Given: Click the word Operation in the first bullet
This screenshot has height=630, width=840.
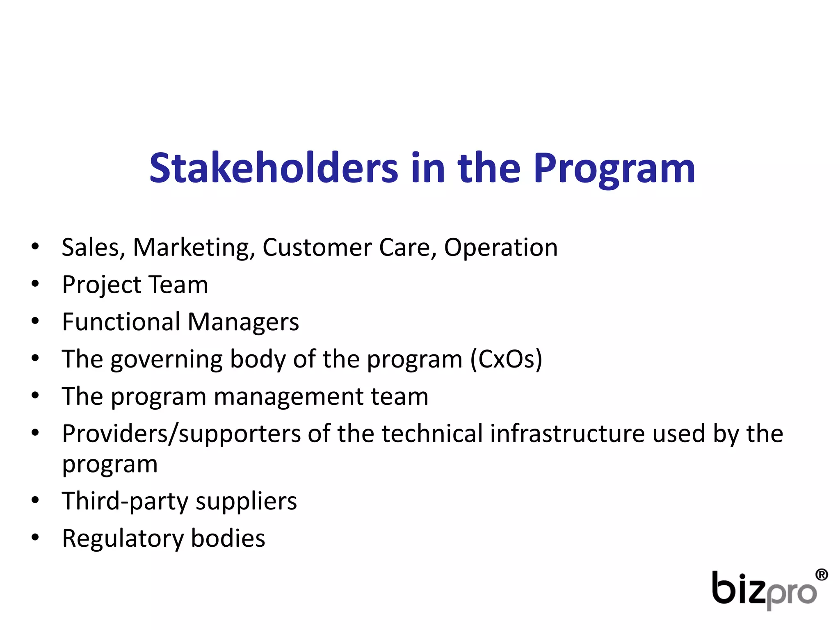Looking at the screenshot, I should [501, 248].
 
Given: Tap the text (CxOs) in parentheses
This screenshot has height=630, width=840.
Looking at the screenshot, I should [506, 359].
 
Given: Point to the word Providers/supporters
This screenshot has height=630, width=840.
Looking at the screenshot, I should [182, 434].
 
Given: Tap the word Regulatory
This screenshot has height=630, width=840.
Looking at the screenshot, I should [123, 539].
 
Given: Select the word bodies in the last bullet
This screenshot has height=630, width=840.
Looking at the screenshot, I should [228, 538].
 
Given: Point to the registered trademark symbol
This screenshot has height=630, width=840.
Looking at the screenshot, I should [822, 575].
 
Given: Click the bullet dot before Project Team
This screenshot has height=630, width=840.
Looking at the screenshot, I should [35, 283].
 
